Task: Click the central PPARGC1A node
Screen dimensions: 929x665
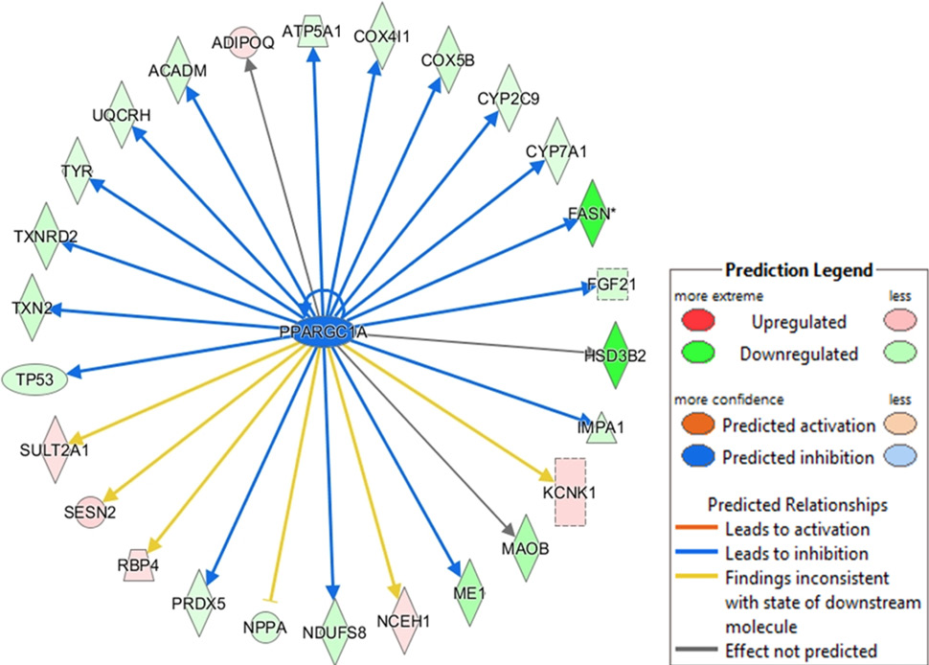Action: [x=323, y=333]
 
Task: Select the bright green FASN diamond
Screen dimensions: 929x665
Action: [x=591, y=213]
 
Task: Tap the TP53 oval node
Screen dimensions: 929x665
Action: [x=34, y=379]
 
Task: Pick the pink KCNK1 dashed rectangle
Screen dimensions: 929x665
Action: [x=570, y=492]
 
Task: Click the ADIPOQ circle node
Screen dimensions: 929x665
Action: [x=243, y=42]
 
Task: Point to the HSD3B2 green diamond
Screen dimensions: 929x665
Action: [x=615, y=355]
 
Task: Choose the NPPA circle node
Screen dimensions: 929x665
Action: [x=264, y=628]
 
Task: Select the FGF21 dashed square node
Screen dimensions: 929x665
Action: [x=612, y=285]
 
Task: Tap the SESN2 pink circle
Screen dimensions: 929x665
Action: [x=90, y=512]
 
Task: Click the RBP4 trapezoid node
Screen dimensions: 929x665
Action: [x=138, y=564]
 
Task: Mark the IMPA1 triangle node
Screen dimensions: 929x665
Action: [x=601, y=427]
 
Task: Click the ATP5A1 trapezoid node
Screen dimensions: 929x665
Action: [x=312, y=31]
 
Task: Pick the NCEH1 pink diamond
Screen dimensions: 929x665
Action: [x=404, y=621]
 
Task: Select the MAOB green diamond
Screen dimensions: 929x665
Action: [x=526, y=548]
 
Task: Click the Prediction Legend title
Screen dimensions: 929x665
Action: [x=799, y=270]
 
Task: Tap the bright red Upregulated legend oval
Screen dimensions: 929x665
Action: [x=698, y=321]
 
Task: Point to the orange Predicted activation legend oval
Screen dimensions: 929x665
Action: [x=698, y=424]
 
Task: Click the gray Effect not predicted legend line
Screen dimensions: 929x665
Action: [x=696, y=650]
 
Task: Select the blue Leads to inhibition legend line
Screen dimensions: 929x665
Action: [x=696, y=552]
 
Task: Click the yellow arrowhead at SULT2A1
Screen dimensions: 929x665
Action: [x=74, y=437]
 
